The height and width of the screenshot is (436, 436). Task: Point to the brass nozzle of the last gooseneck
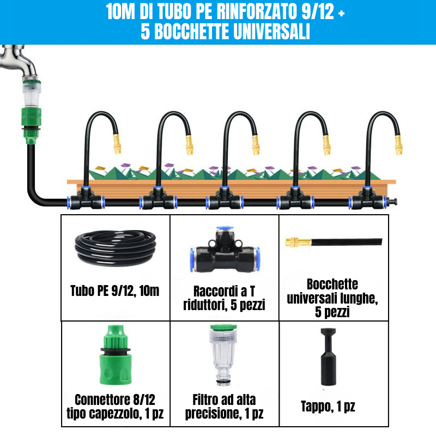[x=399, y=144]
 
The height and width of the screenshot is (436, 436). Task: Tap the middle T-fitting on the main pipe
[x=224, y=199]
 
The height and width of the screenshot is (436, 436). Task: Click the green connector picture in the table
[x=115, y=357]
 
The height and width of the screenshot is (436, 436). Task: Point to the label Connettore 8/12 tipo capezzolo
[x=115, y=407]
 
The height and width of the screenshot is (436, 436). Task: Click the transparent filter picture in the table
[x=224, y=354]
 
